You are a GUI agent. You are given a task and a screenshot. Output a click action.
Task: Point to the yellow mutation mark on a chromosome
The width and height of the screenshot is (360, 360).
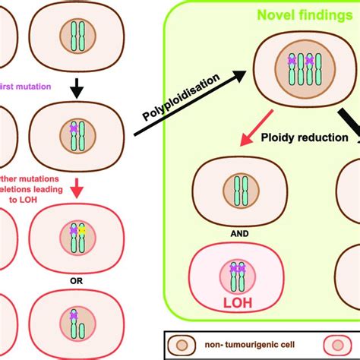(84, 229)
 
